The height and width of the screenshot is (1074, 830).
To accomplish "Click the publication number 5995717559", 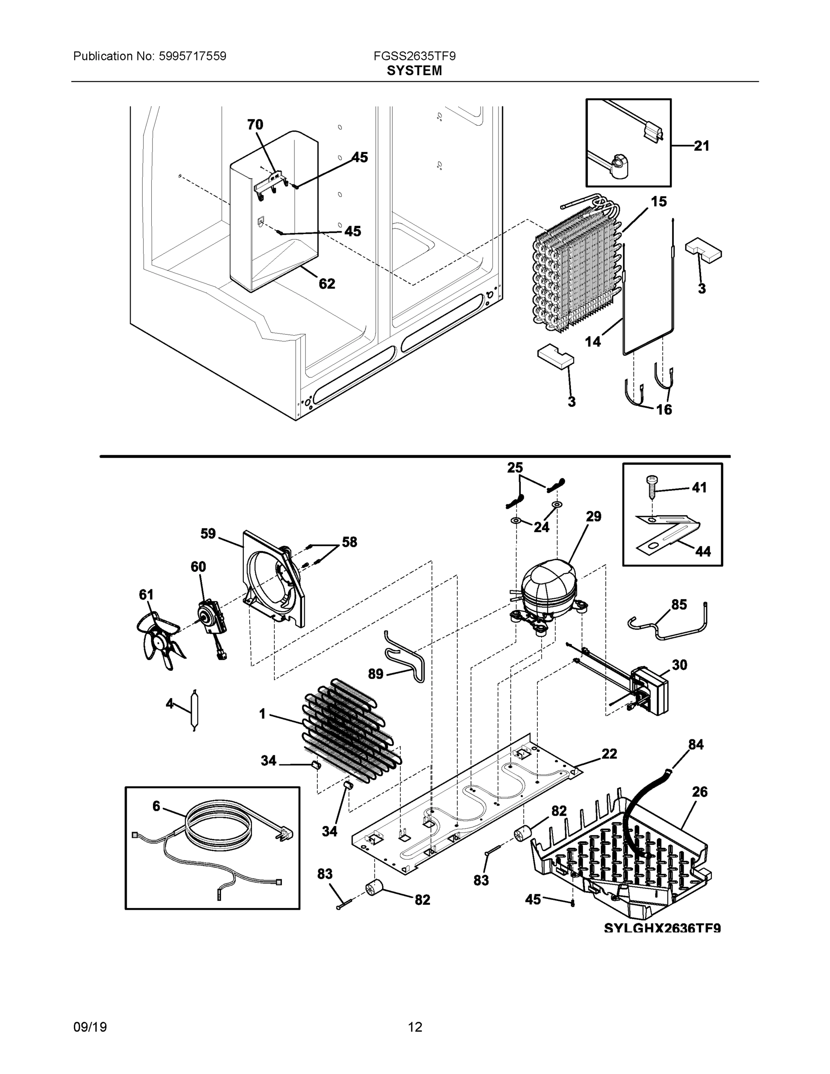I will pos(192,56).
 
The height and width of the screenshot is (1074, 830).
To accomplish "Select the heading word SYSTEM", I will pos(414,71).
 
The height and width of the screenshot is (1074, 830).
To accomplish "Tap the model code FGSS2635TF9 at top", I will pos(414,56).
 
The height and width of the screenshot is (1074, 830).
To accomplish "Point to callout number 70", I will pos(255,125).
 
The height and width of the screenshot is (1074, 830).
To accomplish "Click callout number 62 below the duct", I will pos(327,284).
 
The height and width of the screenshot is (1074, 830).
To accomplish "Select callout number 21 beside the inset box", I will pos(702,145).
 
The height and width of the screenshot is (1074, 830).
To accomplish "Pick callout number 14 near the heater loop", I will pos(593,341).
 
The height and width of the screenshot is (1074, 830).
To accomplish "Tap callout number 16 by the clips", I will pos(664,409).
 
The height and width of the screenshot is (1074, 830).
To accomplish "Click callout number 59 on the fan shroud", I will pos(208,533).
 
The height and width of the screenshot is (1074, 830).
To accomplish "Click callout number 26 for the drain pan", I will pos(700,792).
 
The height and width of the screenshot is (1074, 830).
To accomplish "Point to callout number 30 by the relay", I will pos(680,665).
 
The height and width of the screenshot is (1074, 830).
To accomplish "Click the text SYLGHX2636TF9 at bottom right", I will pos(662,928).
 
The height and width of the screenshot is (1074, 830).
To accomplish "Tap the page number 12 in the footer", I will pos(414,1027).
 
